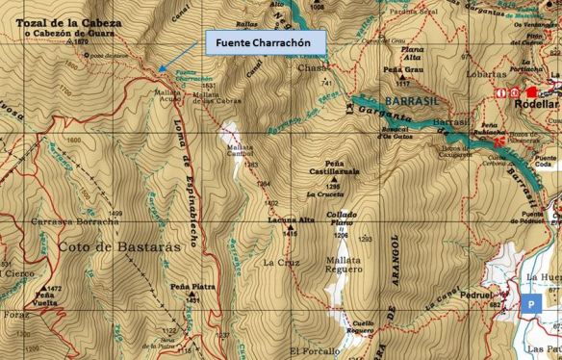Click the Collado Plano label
[341, 219]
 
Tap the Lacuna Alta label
[286, 220]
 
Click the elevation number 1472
[54, 288]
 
